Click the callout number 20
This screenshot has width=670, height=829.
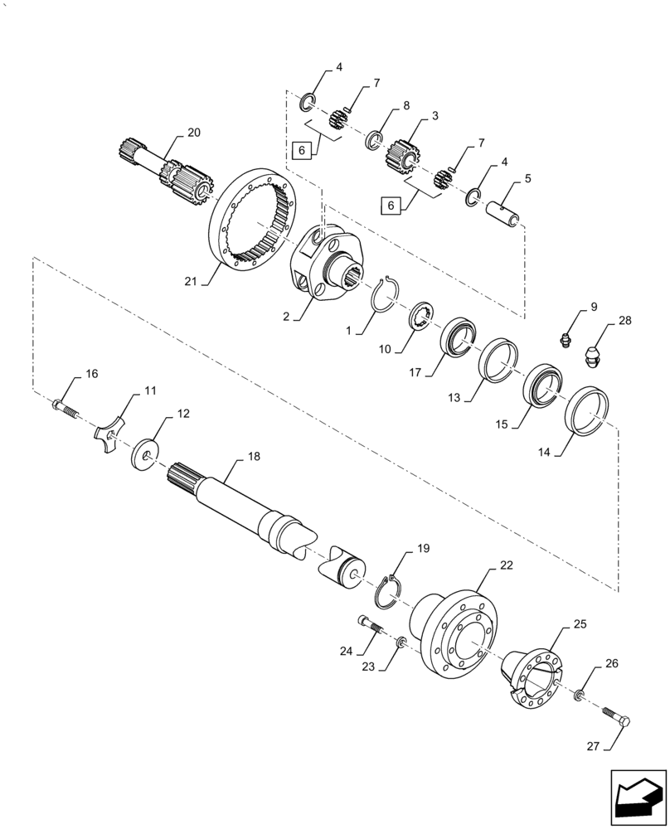pyautogui.click(x=193, y=133)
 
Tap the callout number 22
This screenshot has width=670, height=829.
pyautogui.click(x=507, y=565)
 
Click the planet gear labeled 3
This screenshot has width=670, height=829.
pyautogui.click(x=403, y=156)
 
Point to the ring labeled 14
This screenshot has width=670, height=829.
pyautogui.click(x=590, y=409)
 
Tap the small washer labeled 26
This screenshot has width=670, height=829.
pyautogui.click(x=578, y=692)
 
